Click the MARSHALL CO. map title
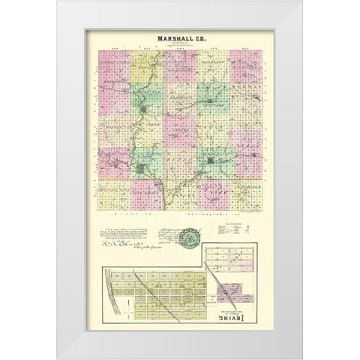(180, 39)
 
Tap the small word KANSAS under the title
(180, 46)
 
